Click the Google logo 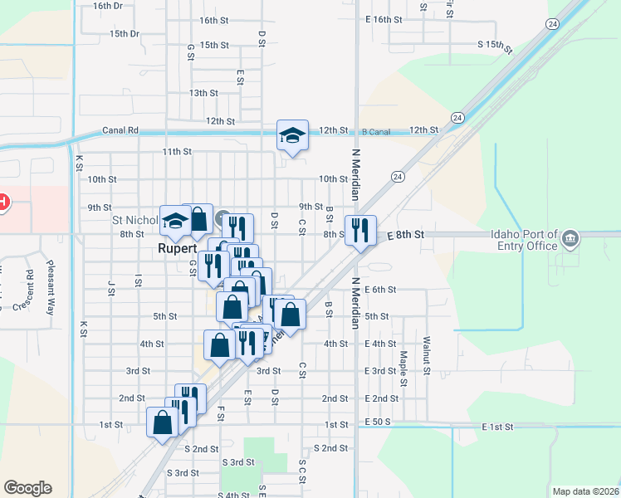(x=27, y=488)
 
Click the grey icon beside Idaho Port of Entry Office (x=570, y=240)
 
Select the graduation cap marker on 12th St (x=292, y=135)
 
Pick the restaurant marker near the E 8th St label (x=360, y=229)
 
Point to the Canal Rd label (x=120, y=130)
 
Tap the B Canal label (x=376, y=131)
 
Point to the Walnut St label (x=427, y=352)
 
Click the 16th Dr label (x=108, y=5)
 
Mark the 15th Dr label (x=125, y=34)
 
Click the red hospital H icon (x=2, y=202)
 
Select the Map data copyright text (x=584, y=491)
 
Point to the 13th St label (x=203, y=93)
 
